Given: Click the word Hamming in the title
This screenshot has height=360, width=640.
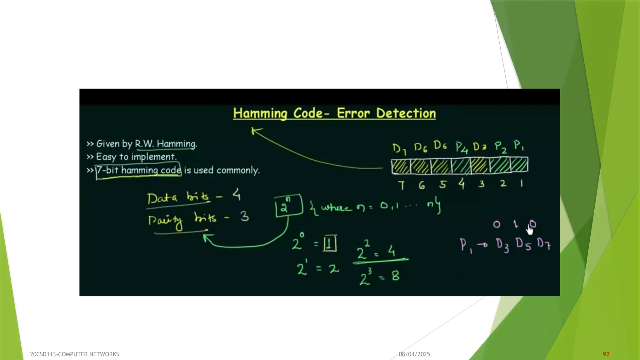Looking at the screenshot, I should [260, 113].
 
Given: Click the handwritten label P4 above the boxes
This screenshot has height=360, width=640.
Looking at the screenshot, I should [462, 147].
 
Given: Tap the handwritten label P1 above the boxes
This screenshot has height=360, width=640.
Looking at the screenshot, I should [519, 145].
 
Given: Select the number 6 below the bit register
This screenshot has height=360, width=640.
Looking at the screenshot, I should [422, 185].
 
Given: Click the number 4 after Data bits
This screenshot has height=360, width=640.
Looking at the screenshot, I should [237, 195].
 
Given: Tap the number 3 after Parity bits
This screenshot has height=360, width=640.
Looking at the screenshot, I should [245, 216].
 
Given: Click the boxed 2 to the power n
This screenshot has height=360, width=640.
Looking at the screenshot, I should [288, 206].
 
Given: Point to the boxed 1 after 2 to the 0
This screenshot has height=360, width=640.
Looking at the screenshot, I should [330, 243].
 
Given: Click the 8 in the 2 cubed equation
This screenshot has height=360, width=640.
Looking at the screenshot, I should [395, 276].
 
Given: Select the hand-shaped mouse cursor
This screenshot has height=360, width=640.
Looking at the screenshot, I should [530, 230].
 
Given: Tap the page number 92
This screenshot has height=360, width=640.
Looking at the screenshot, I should [606, 354].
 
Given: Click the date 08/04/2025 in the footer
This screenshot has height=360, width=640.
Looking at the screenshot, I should [414, 354].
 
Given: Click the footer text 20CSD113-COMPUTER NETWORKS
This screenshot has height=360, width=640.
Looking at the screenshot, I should [74, 354].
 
